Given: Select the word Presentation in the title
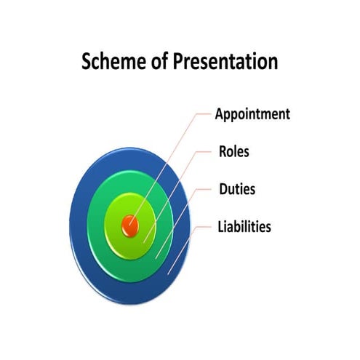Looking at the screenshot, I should click(x=225, y=63).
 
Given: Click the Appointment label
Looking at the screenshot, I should click(x=252, y=114).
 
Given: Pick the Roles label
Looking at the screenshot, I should click(x=233, y=152).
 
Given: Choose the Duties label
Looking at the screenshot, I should click(x=236, y=190).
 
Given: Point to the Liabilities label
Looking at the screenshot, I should click(x=244, y=227).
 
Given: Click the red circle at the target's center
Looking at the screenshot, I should click(x=130, y=225).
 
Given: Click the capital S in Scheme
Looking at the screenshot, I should click(x=87, y=62).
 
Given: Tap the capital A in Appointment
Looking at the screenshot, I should click(x=220, y=114).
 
